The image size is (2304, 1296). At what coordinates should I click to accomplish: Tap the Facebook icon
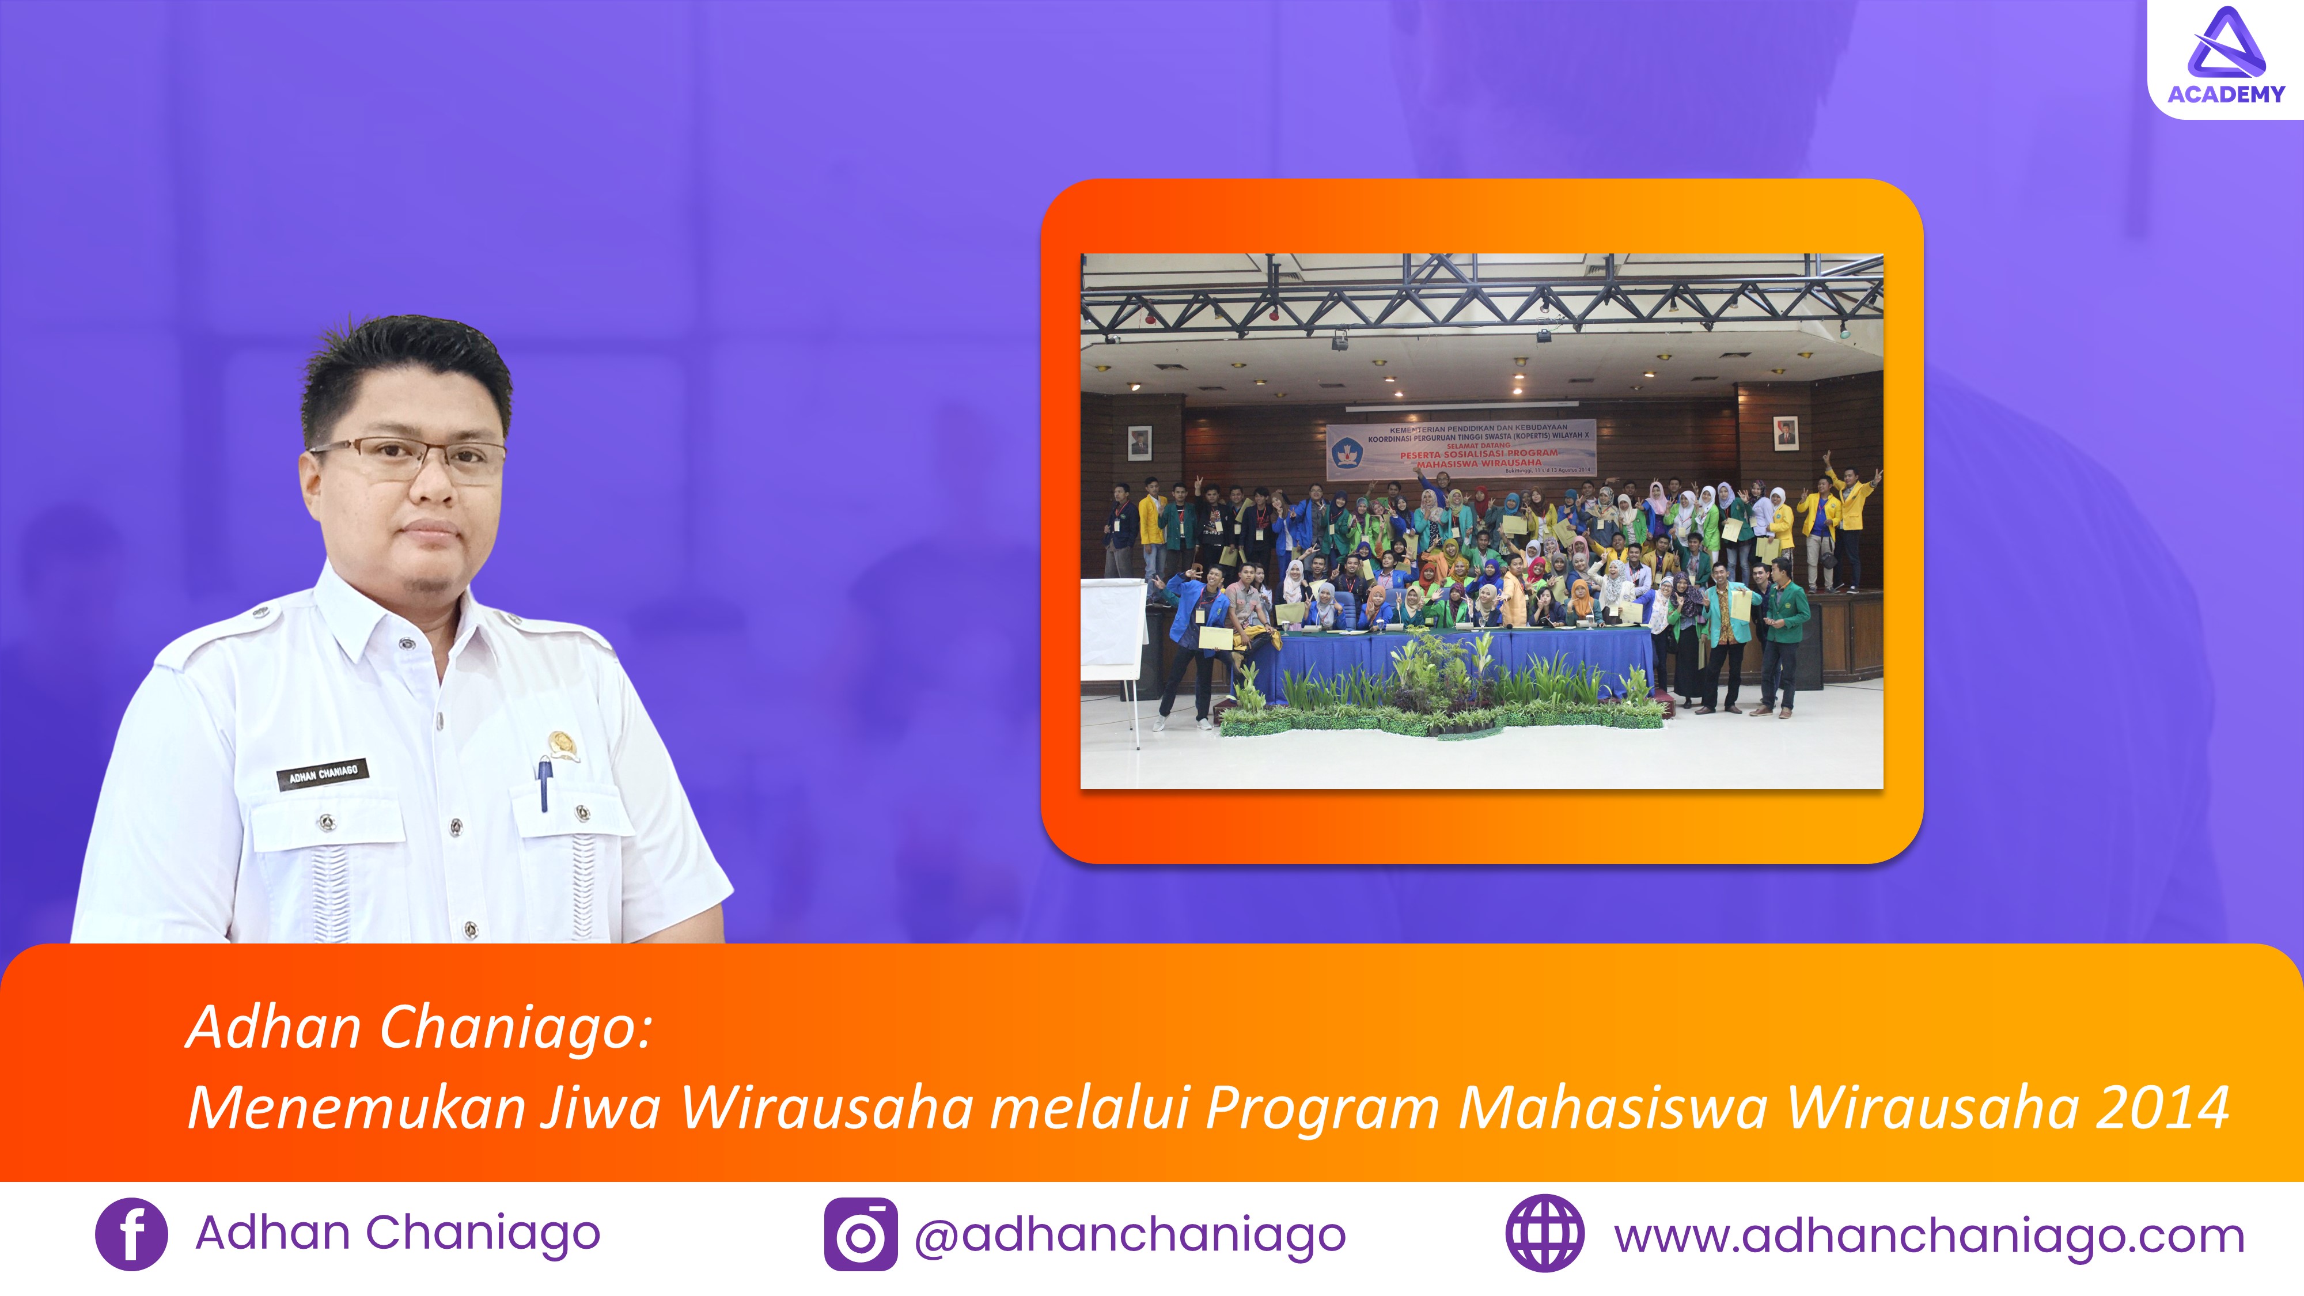(131, 1234)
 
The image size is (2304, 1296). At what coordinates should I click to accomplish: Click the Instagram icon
(861, 1234)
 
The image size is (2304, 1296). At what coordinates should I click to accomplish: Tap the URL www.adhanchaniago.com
(1929, 1236)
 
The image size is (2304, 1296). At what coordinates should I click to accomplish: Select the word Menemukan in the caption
(357, 1107)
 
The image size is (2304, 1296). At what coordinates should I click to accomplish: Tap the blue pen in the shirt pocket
(544, 783)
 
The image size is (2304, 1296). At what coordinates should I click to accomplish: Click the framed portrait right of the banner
(1784, 433)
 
